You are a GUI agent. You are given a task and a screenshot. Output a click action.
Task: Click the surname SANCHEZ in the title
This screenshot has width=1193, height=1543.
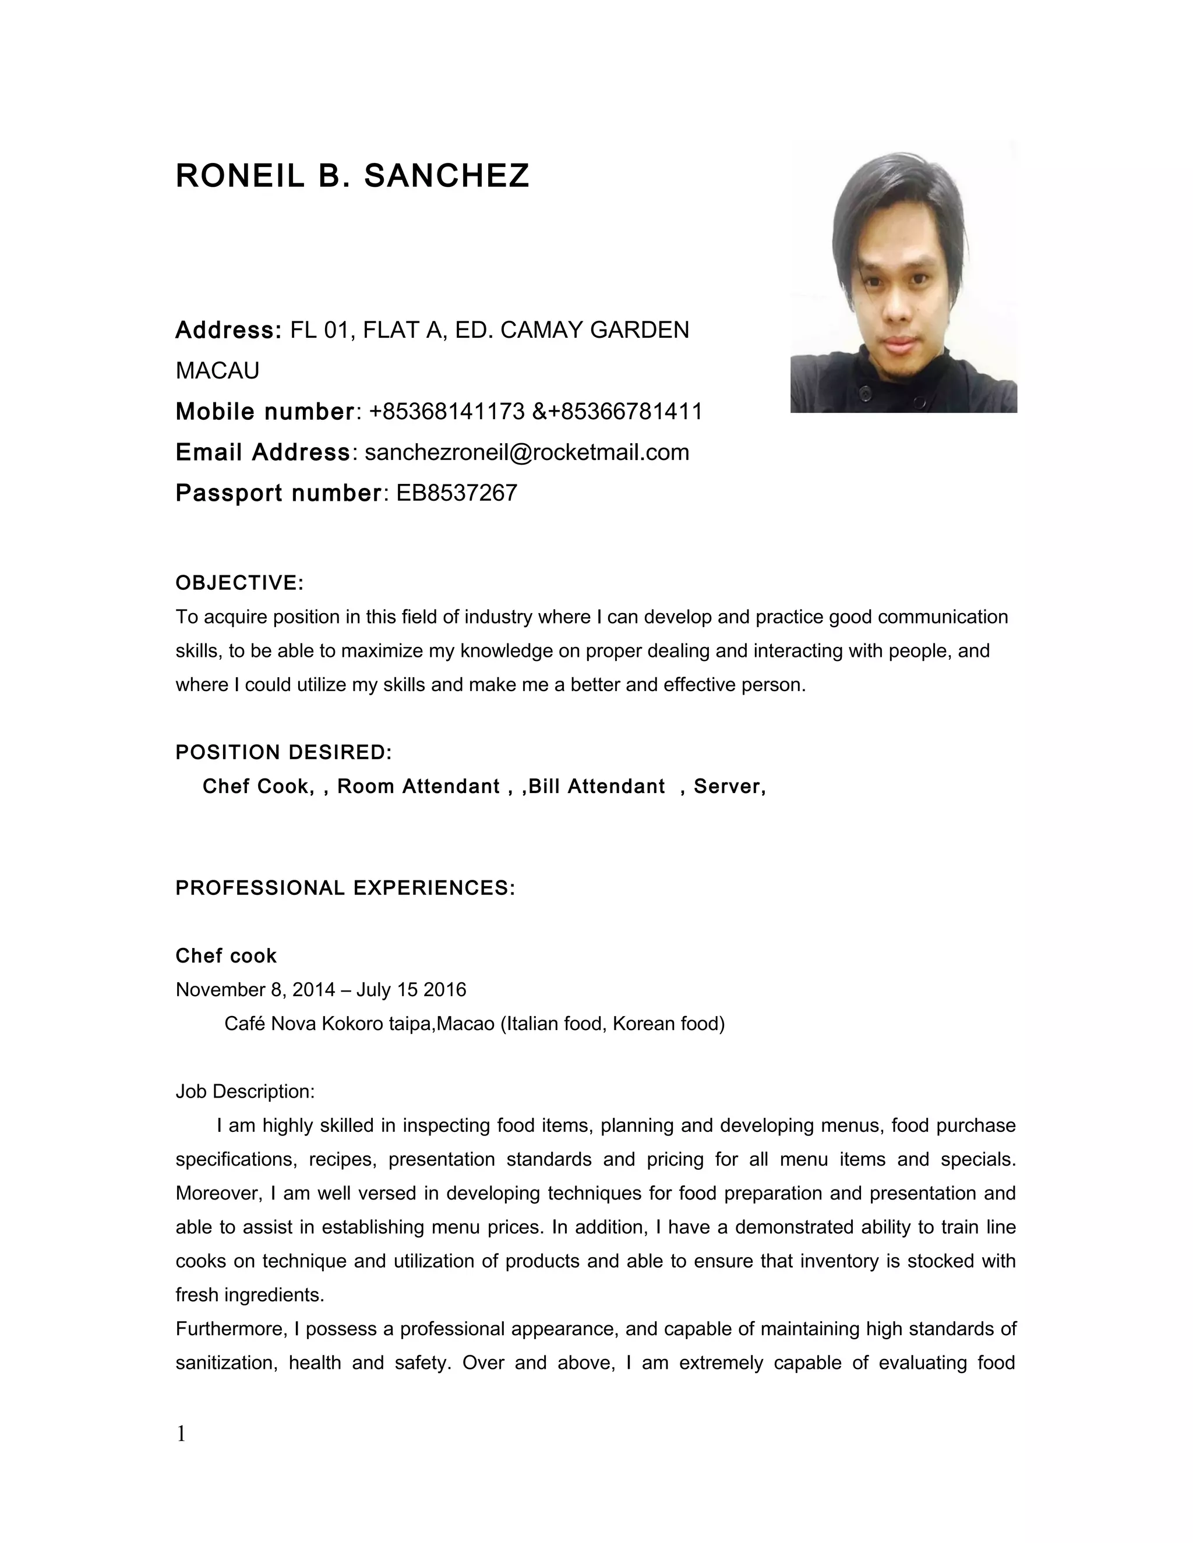click(x=446, y=176)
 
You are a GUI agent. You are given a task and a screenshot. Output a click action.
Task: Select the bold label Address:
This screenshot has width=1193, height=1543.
click(x=228, y=330)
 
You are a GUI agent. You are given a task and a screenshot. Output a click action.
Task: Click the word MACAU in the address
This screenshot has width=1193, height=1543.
click(x=217, y=370)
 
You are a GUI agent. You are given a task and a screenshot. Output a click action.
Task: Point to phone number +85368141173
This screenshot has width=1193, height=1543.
click(x=446, y=411)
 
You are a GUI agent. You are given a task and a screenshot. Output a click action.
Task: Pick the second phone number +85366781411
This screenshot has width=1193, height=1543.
click(x=625, y=411)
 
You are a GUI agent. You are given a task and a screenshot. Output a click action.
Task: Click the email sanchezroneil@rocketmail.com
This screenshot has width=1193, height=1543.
click(x=527, y=452)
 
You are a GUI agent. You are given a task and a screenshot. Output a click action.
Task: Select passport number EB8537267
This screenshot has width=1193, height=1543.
click(x=457, y=493)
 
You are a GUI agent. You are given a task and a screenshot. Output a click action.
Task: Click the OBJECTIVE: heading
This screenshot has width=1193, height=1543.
click(x=239, y=583)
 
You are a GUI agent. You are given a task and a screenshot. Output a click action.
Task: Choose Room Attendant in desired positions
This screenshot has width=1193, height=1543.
click(x=418, y=786)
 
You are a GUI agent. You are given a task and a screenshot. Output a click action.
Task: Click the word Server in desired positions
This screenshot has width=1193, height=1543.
click(x=727, y=786)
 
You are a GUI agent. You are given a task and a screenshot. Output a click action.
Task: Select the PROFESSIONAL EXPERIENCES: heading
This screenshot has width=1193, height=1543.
click(x=345, y=888)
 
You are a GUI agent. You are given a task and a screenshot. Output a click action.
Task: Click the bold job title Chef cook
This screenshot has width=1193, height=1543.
click(x=226, y=956)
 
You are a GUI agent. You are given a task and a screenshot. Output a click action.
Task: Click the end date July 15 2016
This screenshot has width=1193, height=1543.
click(x=411, y=990)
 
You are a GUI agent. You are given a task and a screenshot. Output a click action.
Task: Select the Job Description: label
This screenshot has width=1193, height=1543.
click(x=245, y=1092)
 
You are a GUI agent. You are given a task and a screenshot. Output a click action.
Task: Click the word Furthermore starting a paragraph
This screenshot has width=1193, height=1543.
click(x=231, y=1329)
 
